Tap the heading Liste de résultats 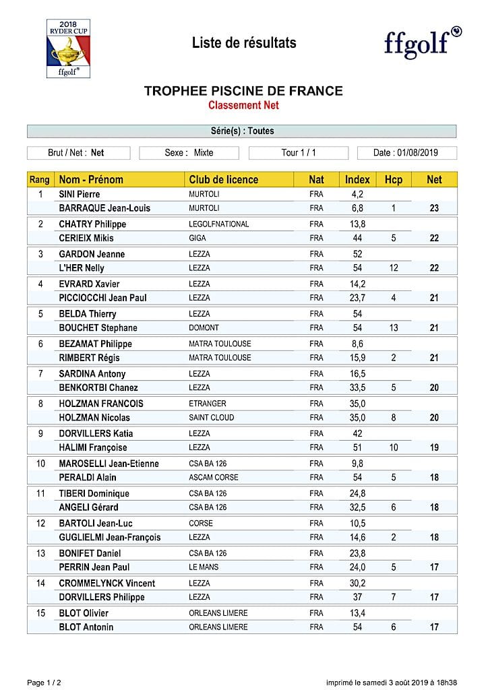pos(244,43)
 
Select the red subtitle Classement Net pos(243,105)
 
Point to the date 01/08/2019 pos(415,153)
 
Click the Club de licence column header pos(224,180)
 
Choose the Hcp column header pos(393,180)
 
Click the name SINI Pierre pos(80,195)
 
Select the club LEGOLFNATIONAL pos(218,224)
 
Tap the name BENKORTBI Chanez pos(98,387)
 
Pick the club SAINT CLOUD pos(212,418)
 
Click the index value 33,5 pos(357,387)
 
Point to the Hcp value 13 pos(393,328)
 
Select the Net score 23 pos(435,209)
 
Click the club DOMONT pos(204,328)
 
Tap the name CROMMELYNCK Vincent pos(107,584)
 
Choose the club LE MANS pos(204,567)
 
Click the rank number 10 pos(40,464)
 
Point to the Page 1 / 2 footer pos(45,683)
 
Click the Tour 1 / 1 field pos(299,153)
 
